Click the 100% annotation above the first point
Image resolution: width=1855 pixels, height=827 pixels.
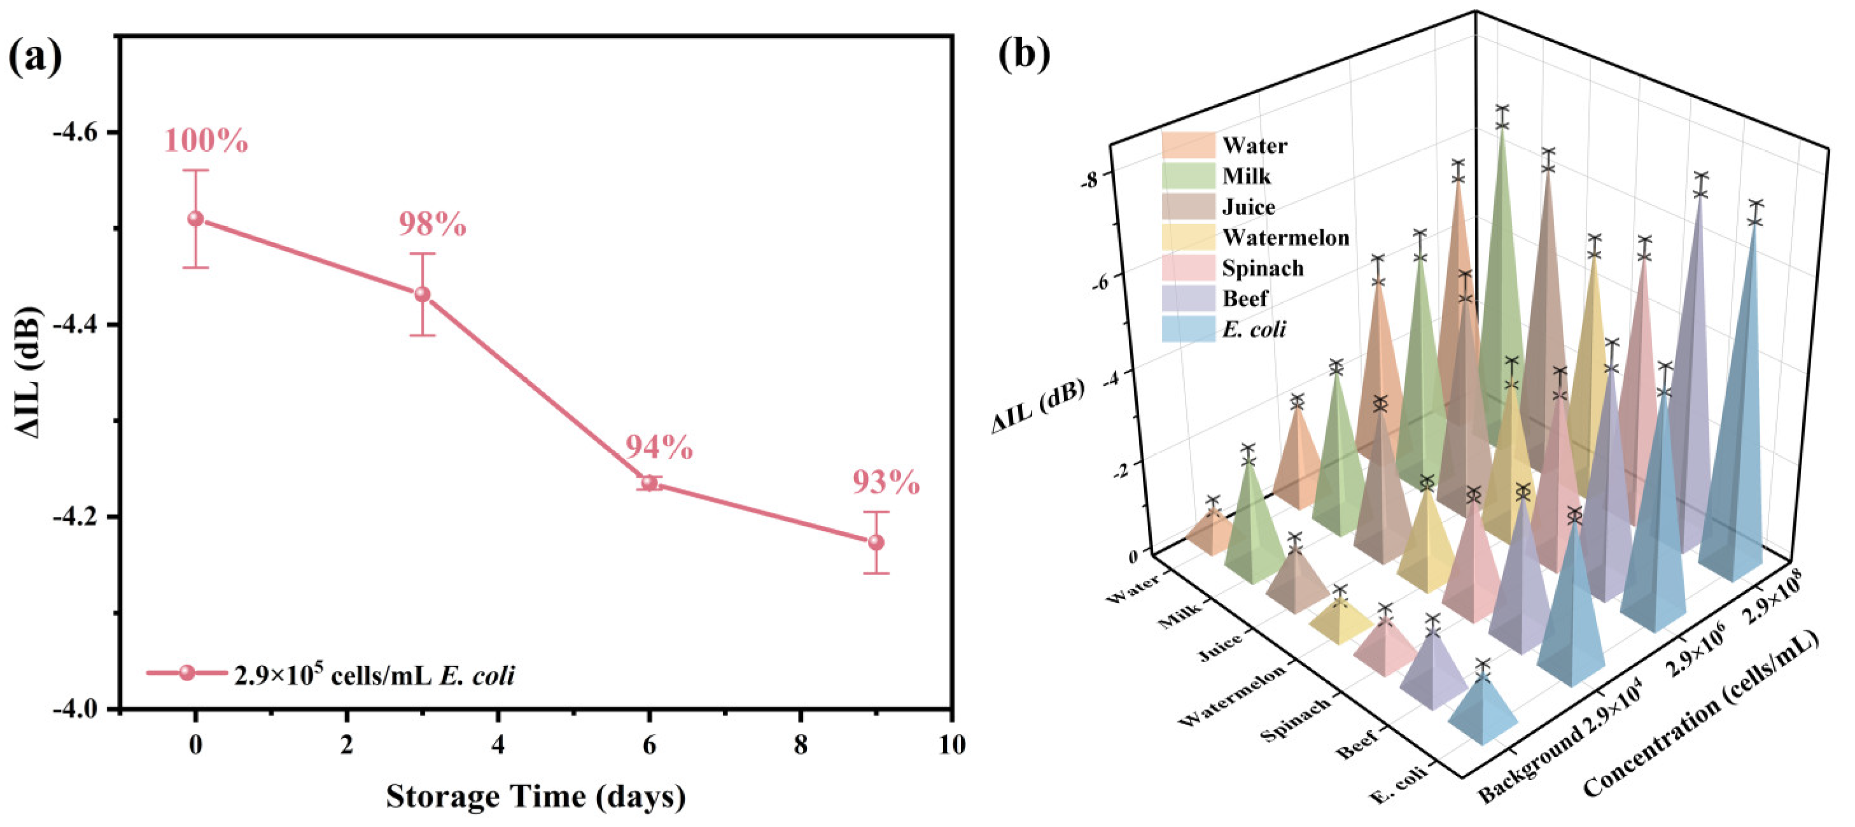point(206,141)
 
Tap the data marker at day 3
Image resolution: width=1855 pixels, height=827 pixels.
point(423,294)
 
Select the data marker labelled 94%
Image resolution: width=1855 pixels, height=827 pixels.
point(650,483)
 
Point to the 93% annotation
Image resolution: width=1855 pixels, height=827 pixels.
point(886,482)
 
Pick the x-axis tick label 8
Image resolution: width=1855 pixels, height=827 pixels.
point(800,745)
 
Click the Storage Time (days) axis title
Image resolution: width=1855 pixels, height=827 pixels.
point(536,796)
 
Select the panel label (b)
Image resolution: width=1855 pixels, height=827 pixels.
point(1024,55)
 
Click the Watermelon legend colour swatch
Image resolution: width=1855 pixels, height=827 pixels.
point(1187,237)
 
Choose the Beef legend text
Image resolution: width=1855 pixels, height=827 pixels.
point(1245,298)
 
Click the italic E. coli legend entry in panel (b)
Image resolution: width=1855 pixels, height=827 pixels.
point(1254,330)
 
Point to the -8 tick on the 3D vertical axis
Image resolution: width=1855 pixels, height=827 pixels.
point(1089,180)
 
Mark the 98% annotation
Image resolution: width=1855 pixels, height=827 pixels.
point(432,225)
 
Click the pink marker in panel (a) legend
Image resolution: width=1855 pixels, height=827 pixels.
point(187,673)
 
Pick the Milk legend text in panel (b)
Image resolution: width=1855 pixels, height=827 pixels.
point(1247,176)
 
